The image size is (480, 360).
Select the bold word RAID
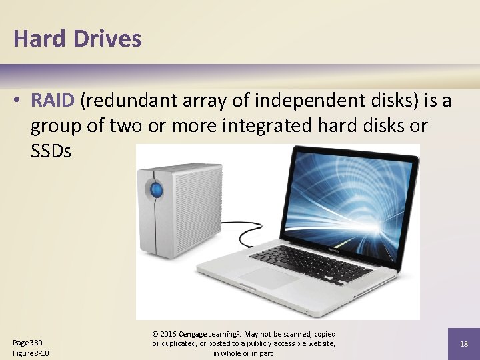(x=53, y=101)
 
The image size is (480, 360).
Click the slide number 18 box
(x=463, y=343)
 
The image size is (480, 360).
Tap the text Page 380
(x=27, y=343)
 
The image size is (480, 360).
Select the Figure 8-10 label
(x=31, y=353)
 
